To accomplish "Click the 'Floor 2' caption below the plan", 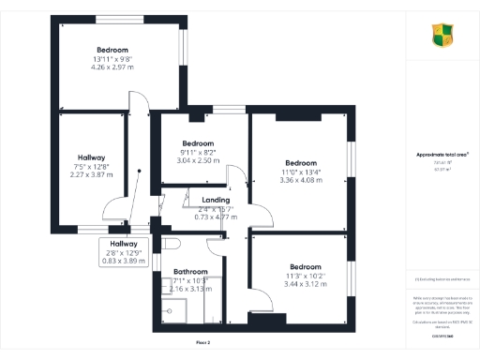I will point(204,343).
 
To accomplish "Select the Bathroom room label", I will point(191,272).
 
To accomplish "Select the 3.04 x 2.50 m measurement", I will point(198,160).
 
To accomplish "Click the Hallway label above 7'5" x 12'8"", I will point(91,157).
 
